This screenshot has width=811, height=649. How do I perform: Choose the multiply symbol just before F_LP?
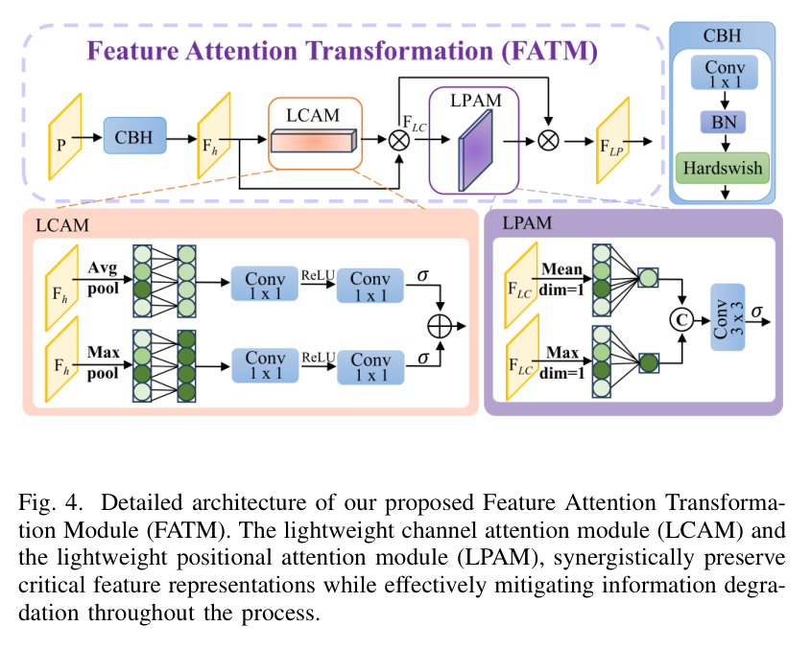tap(548, 140)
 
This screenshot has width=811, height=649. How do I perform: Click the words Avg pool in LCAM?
tap(102, 275)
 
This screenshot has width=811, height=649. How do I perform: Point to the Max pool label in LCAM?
tap(102, 363)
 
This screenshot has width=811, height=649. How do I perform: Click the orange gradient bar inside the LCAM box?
tap(313, 143)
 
